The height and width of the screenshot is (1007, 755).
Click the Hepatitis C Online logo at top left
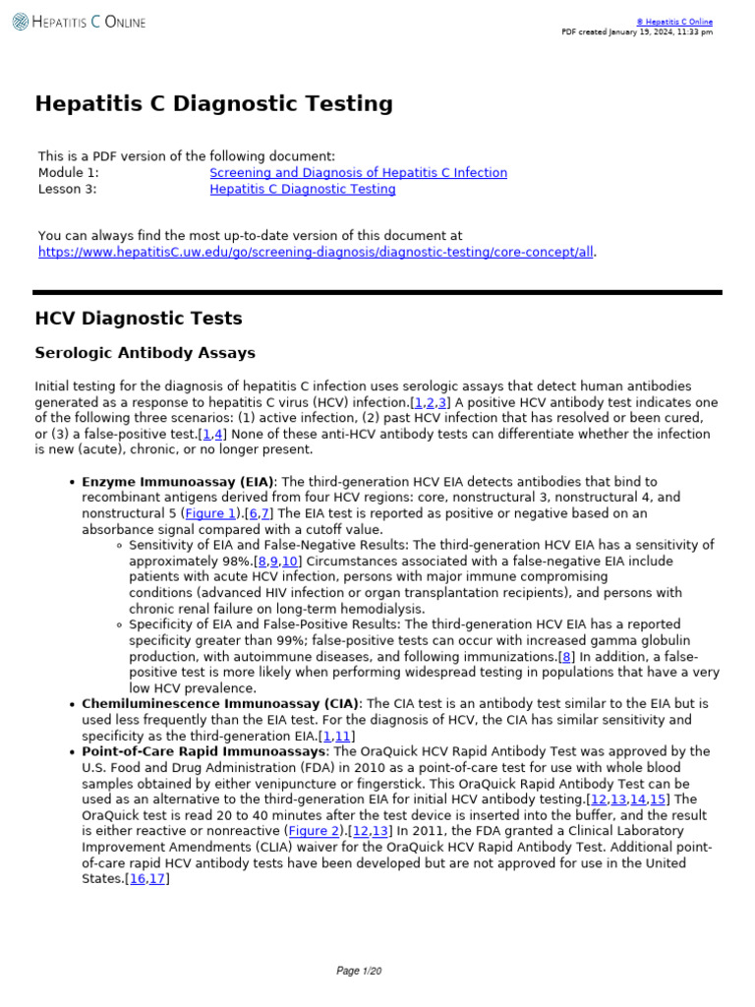[79, 22]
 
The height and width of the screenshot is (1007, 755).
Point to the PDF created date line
[637, 32]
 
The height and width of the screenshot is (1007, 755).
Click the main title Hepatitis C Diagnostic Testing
[213, 104]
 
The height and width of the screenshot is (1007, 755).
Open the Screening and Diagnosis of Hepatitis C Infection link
[358, 173]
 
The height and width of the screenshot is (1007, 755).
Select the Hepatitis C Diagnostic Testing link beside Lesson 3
[302, 190]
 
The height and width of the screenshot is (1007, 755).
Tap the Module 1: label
[68, 173]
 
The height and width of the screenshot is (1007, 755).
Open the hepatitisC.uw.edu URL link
[315, 252]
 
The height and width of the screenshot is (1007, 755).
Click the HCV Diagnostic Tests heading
[138, 319]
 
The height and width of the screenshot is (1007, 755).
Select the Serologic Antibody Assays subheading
[145, 353]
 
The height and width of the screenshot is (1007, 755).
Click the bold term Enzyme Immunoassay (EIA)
[178, 482]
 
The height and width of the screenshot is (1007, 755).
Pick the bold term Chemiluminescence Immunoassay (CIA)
[221, 704]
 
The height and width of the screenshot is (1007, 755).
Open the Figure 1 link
[210, 513]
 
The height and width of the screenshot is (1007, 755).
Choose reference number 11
[342, 737]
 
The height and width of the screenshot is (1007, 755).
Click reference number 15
[659, 800]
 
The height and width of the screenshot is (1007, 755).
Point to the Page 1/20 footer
[358, 971]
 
